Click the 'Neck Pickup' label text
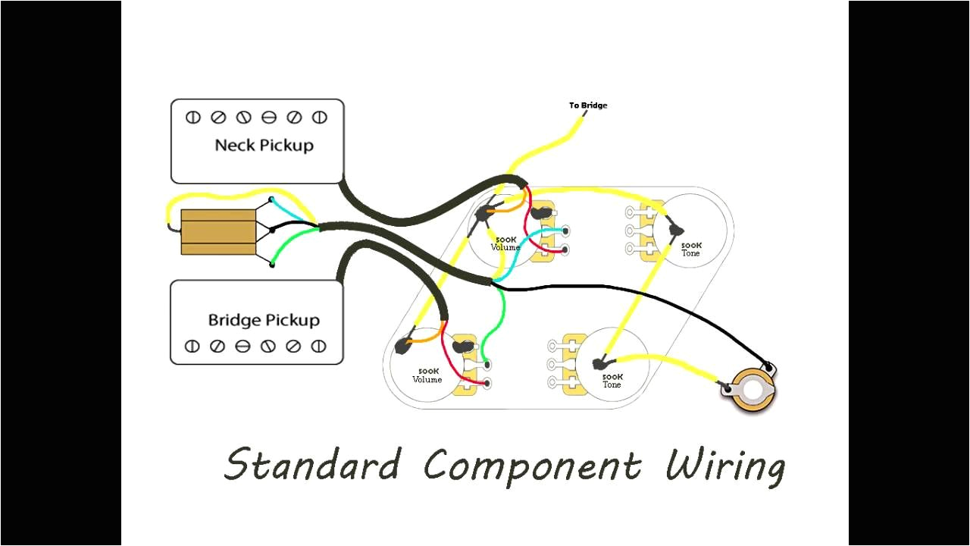tap(264, 145)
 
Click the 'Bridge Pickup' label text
tap(264, 320)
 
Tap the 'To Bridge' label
tap(588, 105)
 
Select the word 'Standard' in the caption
tap(312, 464)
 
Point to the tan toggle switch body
tap(217, 232)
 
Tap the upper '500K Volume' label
tap(505, 243)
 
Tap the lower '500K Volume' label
tap(427, 375)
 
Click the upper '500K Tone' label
tap(690, 249)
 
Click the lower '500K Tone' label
tap(612, 381)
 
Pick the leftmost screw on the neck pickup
tap(193, 118)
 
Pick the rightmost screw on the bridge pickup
tap(319, 347)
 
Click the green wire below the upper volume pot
tap(502, 311)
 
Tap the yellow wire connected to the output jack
tap(682, 368)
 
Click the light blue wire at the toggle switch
tap(292, 211)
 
